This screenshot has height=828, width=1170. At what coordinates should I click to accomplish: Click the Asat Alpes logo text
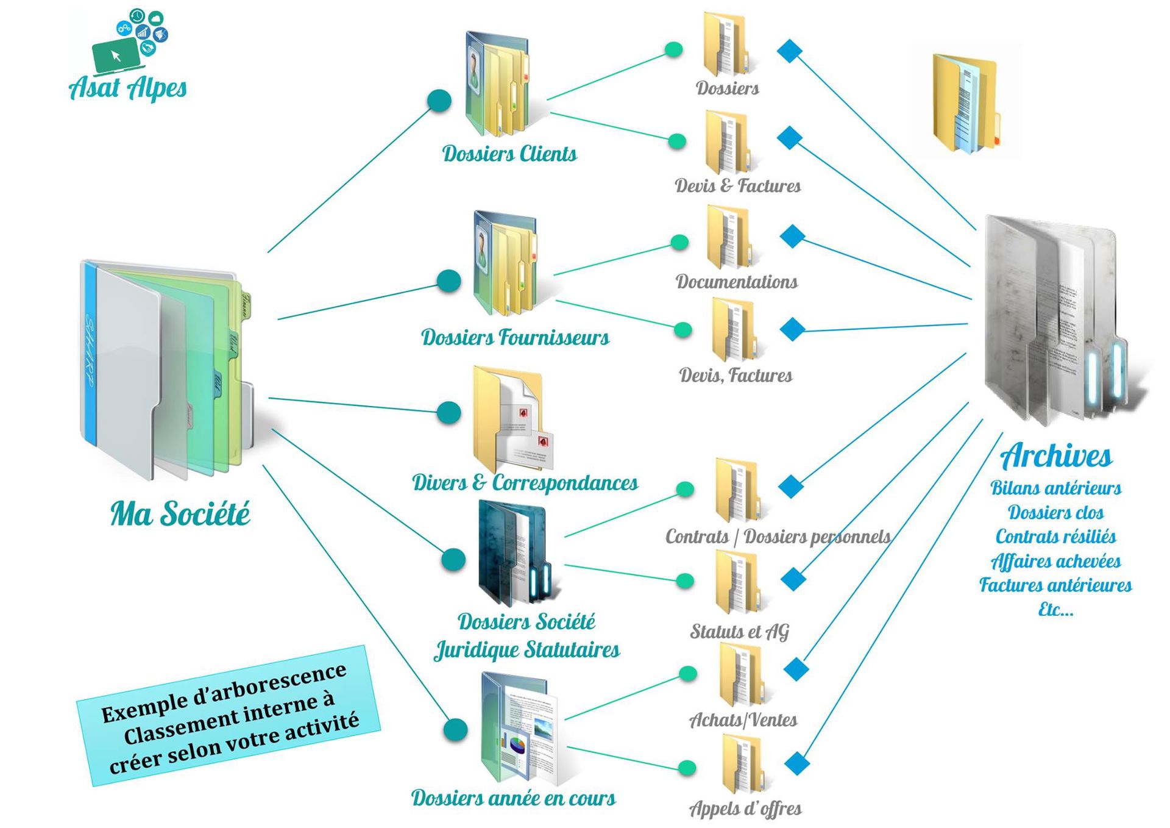[128, 88]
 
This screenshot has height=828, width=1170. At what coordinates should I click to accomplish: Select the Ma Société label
[180, 513]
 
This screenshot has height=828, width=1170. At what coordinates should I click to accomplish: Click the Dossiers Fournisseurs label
[515, 337]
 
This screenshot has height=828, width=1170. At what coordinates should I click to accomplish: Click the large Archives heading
[1056, 456]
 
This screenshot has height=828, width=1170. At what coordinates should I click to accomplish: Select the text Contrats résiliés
[1056, 537]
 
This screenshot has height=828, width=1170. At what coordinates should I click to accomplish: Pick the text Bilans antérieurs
[1056, 488]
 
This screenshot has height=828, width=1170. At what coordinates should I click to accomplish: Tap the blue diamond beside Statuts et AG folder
[793, 579]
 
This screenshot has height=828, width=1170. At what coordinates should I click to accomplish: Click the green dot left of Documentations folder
[679, 242]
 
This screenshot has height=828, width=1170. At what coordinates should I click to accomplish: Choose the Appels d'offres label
[745, 808]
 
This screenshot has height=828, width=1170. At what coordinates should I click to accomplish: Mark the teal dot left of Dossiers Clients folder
[439, 101]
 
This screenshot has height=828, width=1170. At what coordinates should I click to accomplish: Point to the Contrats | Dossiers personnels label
[778, 537]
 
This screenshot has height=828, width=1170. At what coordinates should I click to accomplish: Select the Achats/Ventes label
[743, 720]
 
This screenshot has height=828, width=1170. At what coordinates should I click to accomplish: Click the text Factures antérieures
[1056, 585]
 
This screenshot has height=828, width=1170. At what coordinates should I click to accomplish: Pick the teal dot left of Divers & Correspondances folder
[449, 412]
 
